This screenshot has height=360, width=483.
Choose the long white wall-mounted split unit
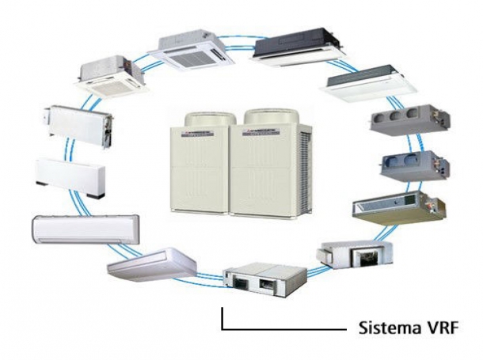pos(85,229)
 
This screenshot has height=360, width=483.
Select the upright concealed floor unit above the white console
pos(79,124)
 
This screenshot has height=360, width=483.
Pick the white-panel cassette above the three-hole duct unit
pos(365,89)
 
